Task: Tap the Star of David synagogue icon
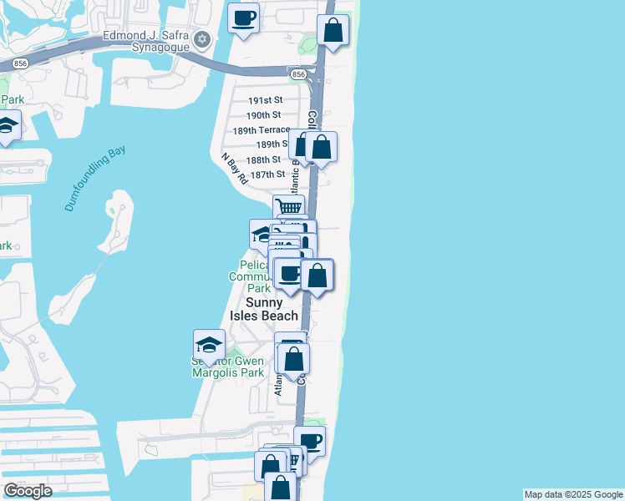tap(201, 40)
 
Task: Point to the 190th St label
tap(263, 115)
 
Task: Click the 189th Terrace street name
tap(261, 130)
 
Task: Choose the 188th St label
tap(263, 159)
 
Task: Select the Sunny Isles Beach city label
tap(264, 309)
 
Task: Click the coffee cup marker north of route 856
tap(243, 18)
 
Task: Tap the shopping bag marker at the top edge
tap(333, 31)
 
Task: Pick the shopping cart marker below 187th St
tap(288, 207)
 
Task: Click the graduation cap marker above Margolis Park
tap(208, 343)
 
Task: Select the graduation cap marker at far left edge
tap(7, 126)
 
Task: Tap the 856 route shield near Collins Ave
tap(298, 74)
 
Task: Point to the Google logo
tap(28, 490)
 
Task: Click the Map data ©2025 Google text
tap(572, 494)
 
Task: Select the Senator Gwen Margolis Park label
tap(227, 367)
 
